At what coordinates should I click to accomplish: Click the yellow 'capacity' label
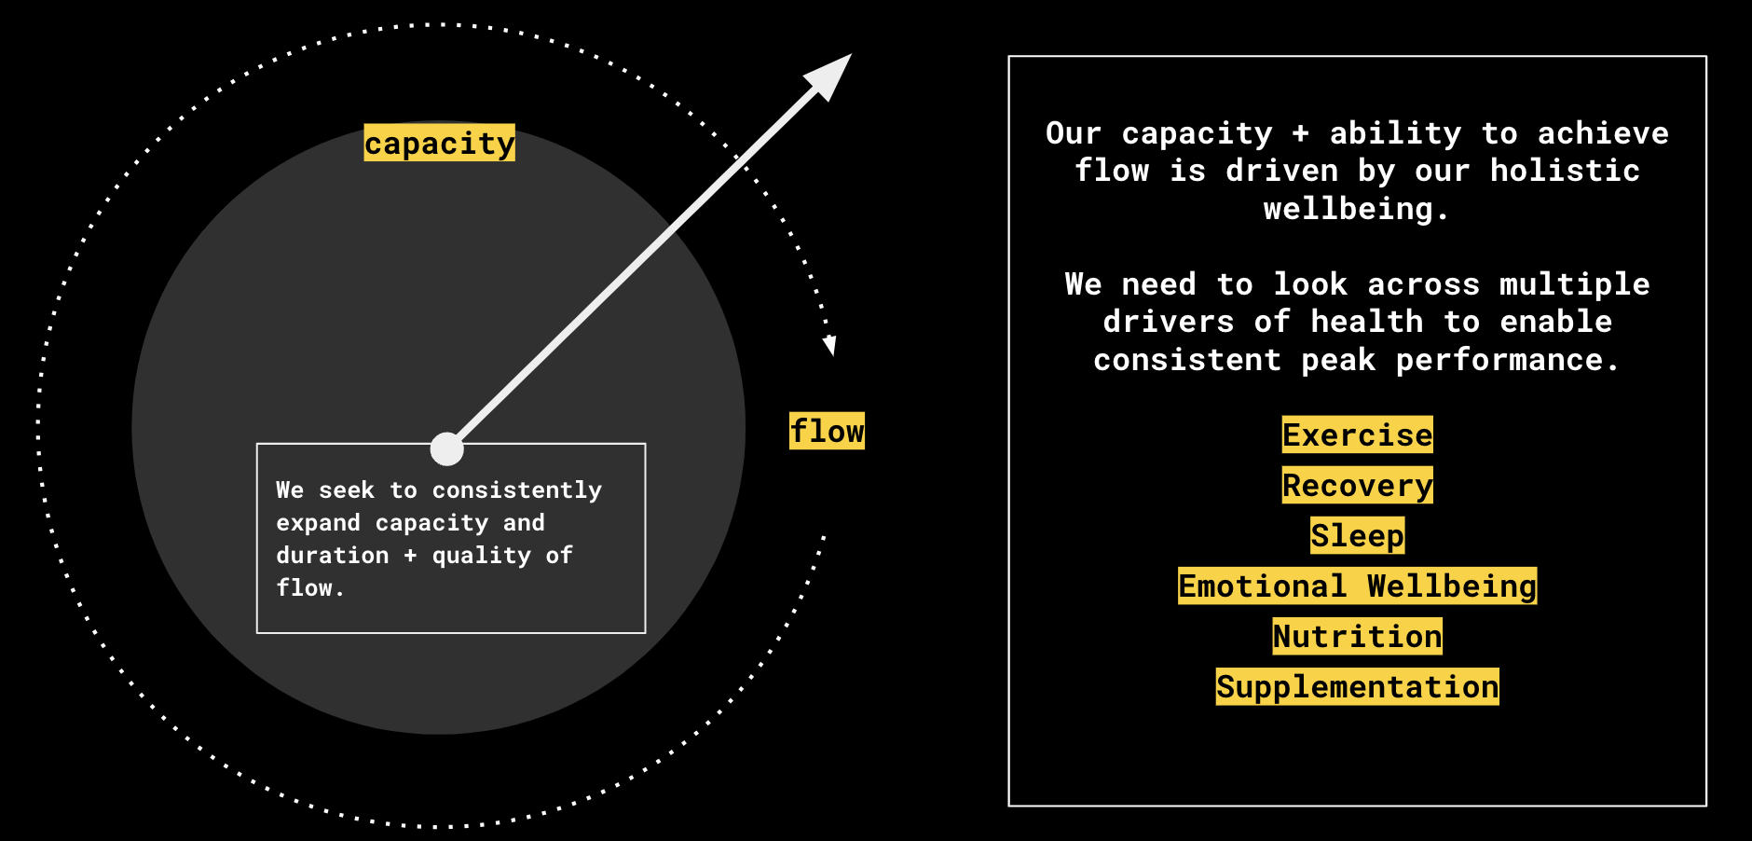pos(439,143)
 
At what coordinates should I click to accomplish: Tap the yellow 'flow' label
pos(827,431)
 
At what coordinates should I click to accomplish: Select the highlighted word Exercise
pos(1357,434)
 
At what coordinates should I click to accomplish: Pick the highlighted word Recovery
pos(1357,485)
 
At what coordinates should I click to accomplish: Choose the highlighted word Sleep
pos(1357,535)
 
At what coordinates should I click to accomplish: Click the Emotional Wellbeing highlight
pos(1357,586)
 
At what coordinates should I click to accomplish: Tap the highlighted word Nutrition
pos(1357,636)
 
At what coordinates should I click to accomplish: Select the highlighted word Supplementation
pos(1357,686)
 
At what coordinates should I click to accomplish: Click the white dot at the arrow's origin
pos(447,448)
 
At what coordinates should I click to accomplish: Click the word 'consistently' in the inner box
pos(517,489)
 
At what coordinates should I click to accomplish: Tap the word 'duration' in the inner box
pos(333,555)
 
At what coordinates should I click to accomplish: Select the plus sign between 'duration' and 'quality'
pos(410,555)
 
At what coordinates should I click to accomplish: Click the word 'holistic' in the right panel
pos(1565,171)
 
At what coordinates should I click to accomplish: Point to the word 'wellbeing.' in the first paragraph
pos(1356,208)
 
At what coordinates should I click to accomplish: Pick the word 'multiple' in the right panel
pos(1574,283)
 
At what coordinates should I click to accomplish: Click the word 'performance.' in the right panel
pos(1507,360)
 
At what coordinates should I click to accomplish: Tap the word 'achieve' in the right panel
pos(1603,133)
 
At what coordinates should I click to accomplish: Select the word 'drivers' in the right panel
pos(1169,322)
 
